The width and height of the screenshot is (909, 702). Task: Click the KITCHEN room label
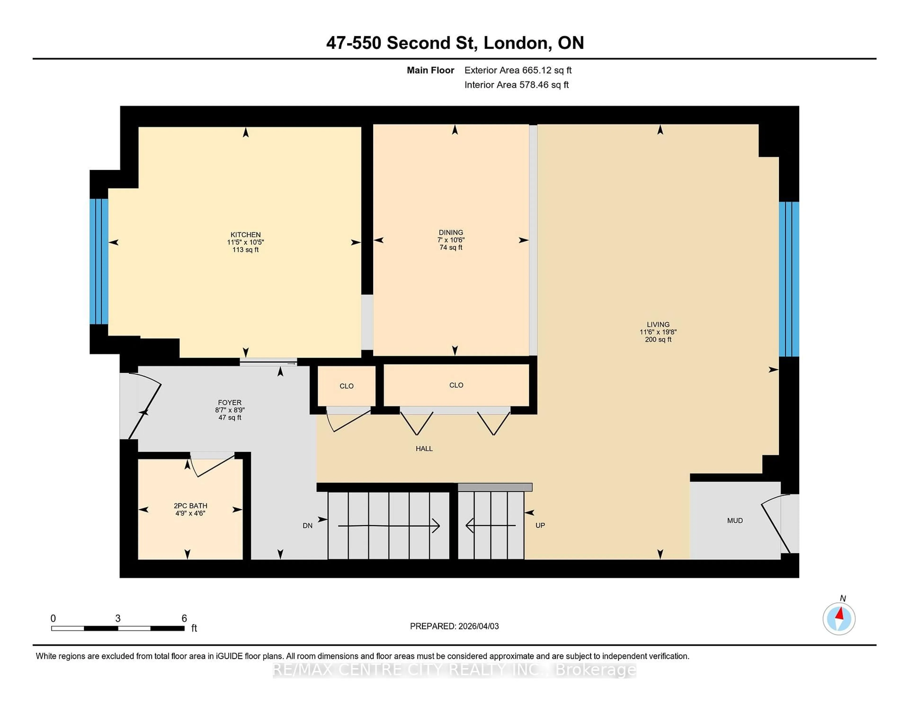(x=245, y=235)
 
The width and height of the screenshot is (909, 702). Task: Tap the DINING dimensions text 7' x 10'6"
(x=451, y=240)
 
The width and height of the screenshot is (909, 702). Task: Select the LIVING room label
(x=658, y=324)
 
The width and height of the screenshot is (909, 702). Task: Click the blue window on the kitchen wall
(x=99, y=261)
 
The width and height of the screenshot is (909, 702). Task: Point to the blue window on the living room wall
(x=789, y=279)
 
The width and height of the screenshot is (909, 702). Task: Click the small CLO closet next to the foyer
(x=346, y=386)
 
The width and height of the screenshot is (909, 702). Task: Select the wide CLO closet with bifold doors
(x=456, y=385)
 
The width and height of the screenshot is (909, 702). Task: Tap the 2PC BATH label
(x=190, y=506)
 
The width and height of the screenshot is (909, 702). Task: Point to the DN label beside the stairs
(x=307, y=526)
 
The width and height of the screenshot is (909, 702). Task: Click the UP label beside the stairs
(x=540, y=525)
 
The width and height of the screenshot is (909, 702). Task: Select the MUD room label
(x=735, y=521)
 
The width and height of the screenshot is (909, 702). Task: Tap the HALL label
(x=424, y=448)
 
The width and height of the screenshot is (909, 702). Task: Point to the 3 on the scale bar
(x=118, y=619)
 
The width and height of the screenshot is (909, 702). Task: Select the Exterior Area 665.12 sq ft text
(x=518, y=70)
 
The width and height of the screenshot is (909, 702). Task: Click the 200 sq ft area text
(x=658, y=339)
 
